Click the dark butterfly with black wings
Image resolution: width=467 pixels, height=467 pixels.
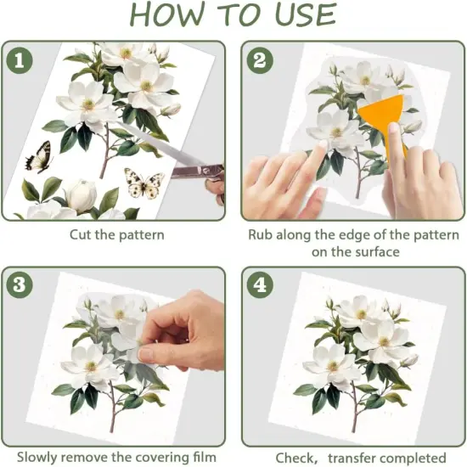38,157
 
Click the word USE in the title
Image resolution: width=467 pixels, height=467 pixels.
293,15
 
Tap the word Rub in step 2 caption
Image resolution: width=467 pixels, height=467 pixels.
262,235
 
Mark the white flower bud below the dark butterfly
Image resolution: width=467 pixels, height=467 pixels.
81,195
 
